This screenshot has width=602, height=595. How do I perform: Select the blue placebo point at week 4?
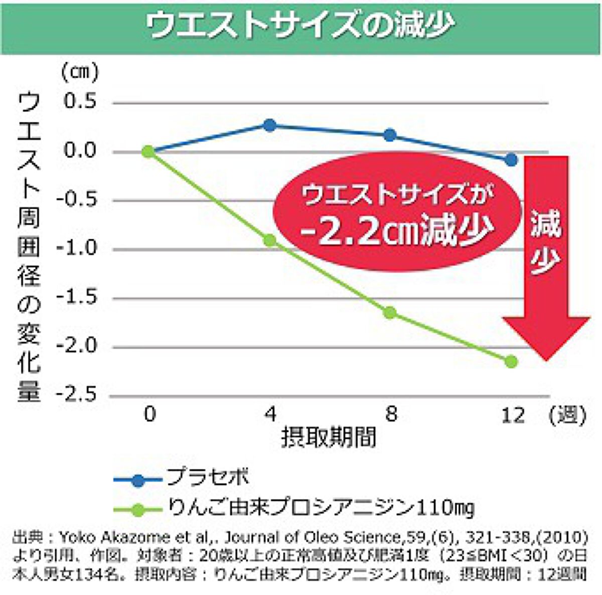click(x=270, y=125)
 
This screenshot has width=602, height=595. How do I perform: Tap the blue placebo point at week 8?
click(x=390, y=135)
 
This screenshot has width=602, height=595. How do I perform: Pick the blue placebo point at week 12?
click(x=511, y=160)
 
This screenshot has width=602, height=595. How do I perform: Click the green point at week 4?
click(x=270, y=240)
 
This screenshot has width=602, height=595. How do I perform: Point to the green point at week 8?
click(x=390, y=313)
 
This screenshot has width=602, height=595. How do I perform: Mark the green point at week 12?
click(x=511, y=361)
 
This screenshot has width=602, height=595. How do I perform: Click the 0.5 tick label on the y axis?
click(x=80, y=102)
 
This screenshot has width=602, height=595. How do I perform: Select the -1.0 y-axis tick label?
click(x=76, y=249)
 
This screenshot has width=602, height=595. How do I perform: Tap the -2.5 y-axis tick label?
click(x=76, y=395)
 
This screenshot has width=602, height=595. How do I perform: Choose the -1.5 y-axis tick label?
click(x=76, y=297)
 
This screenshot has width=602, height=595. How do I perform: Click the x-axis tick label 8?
click(x=391, y=414)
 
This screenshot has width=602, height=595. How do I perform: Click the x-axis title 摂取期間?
click(x=329, y=437)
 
